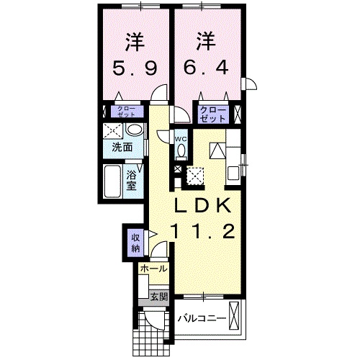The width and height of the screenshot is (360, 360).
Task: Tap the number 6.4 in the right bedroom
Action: coord(207,71)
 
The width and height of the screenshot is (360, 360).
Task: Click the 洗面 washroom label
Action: coord(122,148)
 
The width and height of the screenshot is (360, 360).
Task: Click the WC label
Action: coord(181,138)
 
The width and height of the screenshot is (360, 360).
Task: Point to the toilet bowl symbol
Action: coord(181,150)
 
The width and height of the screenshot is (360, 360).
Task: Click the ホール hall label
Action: coord(153,269)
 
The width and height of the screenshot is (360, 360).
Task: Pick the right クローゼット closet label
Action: coord(214,112)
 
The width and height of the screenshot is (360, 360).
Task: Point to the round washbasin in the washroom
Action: coord(133,130)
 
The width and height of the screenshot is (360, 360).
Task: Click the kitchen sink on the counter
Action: coord(234,173)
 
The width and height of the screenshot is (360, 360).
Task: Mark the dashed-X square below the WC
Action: coord(195,174)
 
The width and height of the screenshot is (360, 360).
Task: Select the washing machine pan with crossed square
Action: coord(112,131)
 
